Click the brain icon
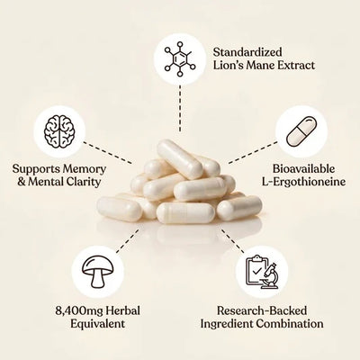coord(59,131)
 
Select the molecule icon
coord(180,58)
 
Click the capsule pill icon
coord(301,132)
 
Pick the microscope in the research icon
coord(270,276)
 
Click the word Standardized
coord(247,52)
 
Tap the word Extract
coord(295,66)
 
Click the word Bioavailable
coord(303,169)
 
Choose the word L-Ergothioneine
coord(303,182)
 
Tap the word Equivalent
coord(97,324)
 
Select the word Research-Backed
coord(262,310)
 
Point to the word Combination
coord(290,324)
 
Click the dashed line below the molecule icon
coord(180,108)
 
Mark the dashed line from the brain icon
coord(107,152)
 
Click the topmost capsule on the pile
coord(180,158)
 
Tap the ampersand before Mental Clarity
coord(21,182)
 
